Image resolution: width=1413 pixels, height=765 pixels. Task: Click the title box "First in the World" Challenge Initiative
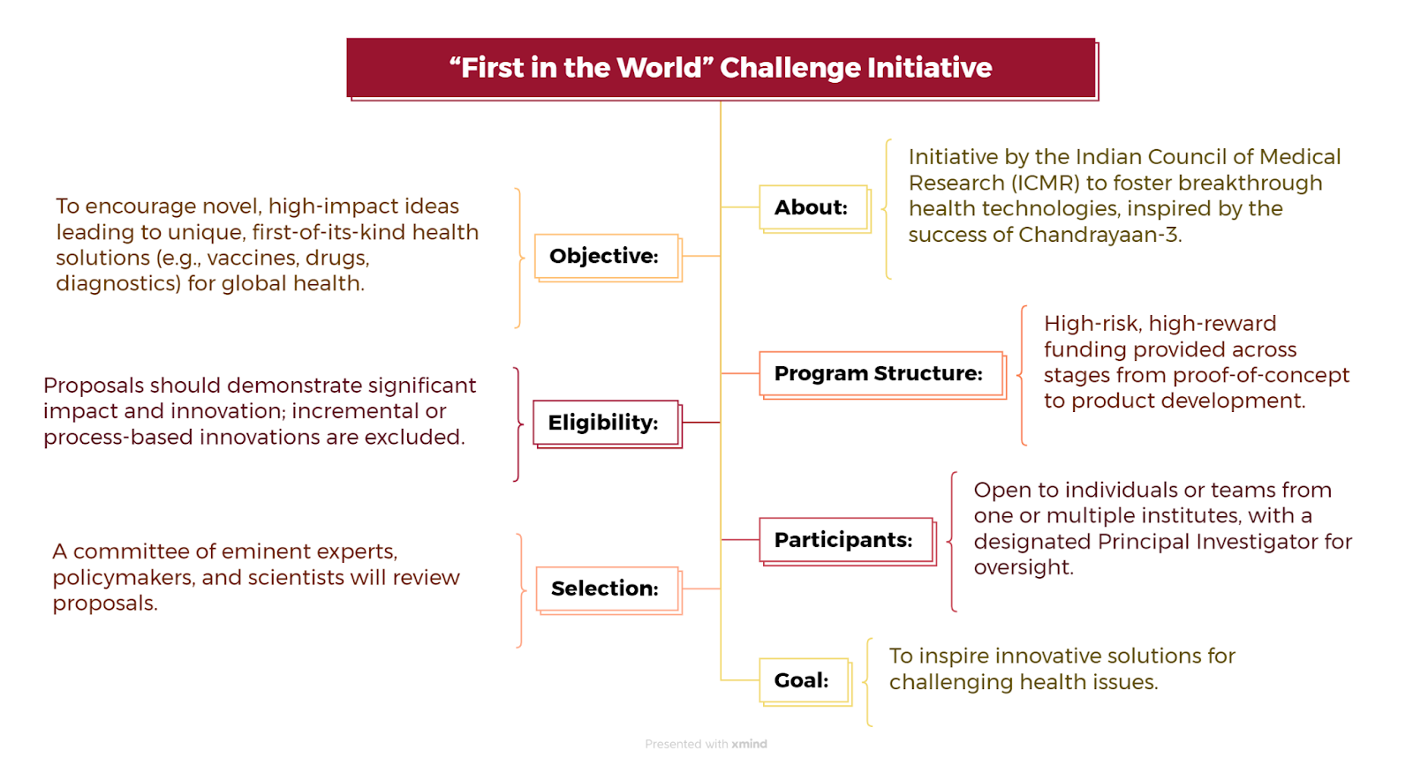722,68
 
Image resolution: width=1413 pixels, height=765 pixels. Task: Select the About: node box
815,208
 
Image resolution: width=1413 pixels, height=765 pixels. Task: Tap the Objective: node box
608,257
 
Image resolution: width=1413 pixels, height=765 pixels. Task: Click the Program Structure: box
882,375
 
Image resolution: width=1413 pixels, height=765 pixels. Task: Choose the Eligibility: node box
608,424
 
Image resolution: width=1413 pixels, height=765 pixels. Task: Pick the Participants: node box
848,541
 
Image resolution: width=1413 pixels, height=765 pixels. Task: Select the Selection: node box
608,589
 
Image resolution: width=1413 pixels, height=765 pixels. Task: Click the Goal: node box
805,682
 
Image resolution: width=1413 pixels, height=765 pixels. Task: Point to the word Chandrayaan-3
1099,235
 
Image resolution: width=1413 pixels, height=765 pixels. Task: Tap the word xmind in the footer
749,744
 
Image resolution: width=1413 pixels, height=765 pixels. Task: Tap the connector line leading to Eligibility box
701,422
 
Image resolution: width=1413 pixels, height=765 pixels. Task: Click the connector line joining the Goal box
740,680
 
